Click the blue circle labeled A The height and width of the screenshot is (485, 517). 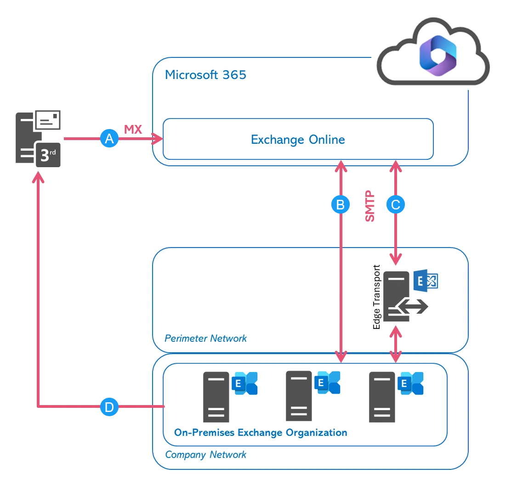109,138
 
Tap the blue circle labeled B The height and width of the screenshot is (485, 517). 341,205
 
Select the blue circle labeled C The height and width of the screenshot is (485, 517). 396,205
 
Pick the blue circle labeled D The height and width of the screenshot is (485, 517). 109,407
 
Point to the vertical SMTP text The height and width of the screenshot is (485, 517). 370,207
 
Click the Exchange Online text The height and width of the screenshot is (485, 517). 298,139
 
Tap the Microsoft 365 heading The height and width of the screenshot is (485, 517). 205,75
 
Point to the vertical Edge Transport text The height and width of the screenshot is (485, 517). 377,297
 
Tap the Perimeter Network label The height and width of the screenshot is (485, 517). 205,338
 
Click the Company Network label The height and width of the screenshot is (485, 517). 205,455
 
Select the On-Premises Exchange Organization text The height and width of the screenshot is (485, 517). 261,433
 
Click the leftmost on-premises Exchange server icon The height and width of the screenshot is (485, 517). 216,396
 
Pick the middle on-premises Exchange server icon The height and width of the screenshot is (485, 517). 299,396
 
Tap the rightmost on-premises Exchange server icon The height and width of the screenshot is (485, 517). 382,396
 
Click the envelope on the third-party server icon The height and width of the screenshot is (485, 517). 48,120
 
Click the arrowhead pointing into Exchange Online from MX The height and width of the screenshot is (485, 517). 159,138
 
